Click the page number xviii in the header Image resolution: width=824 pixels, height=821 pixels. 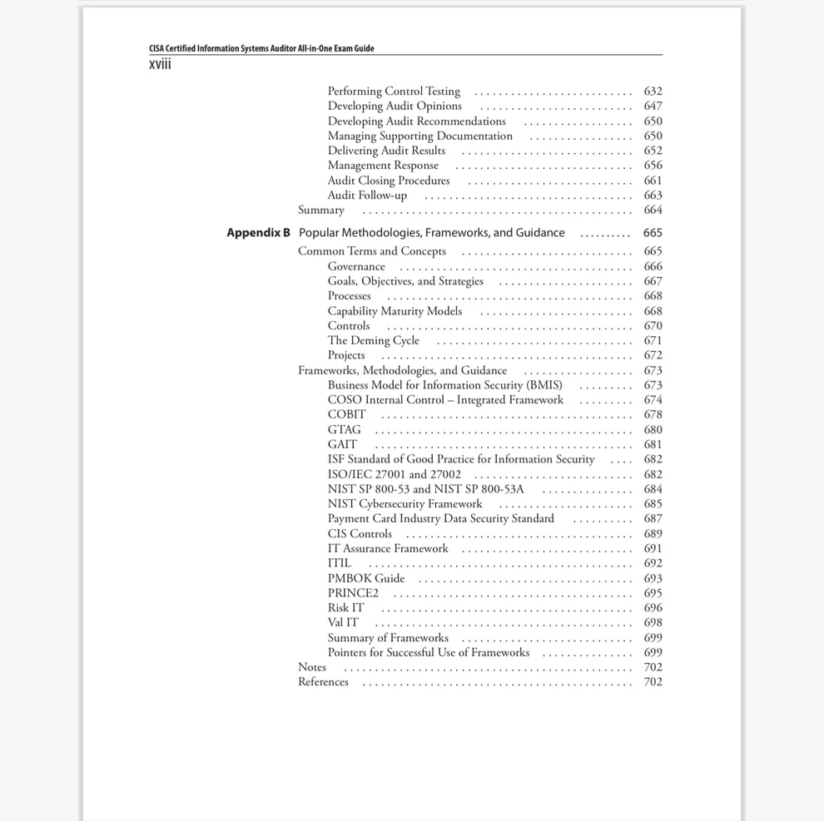pos(160,64)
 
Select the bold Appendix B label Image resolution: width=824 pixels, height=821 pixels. pos(258,233)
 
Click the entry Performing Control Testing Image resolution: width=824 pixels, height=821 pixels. pos(394,91)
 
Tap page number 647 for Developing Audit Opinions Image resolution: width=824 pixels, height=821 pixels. pos(653,106)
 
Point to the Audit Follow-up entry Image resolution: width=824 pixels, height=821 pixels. pos(367,195)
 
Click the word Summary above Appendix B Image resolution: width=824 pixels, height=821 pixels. pos(320,210)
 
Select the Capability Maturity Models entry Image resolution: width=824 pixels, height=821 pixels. pos(395,311)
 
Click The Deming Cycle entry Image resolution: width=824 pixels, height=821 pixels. pos(373,341)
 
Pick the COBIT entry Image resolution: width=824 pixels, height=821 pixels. pos(346,415)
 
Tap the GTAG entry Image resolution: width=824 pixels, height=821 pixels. pos(344,430)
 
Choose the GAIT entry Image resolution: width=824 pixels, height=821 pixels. pos(342,445)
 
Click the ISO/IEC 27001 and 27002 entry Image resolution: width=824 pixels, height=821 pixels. pos(394,475)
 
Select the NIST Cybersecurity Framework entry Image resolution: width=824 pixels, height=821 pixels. pos(405,504)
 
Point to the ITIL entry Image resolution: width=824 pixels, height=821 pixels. pos(339,563)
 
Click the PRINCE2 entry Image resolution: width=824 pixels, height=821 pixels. pos(353,593)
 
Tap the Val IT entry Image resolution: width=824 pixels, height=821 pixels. pos(343,623)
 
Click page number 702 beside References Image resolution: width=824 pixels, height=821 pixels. pos(653,682)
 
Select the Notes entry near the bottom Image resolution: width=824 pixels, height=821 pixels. pos(312,667)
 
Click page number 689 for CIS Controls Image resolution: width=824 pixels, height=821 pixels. pos(653,534)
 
